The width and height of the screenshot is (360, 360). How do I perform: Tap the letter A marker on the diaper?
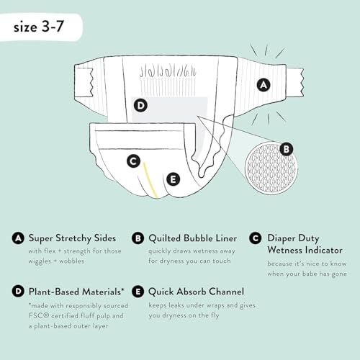click(x=264, y=84)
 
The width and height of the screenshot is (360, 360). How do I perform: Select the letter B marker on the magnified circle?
click(x=286, y=149)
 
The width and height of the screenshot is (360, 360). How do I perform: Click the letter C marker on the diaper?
click(x=132, y=161)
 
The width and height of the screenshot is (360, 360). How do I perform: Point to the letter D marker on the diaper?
click(x=140, y=106)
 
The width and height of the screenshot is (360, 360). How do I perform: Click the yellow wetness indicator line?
click(x=149, y=181)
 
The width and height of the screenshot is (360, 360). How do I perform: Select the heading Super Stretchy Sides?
click(x=75, y=238)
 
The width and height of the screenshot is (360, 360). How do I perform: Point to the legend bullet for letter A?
click(x=17, y=238)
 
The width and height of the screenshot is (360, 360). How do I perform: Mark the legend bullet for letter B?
click(x=138, y=238)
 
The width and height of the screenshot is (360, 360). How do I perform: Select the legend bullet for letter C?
click(x=255, y=238)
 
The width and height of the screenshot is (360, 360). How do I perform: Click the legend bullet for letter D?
click(x=17, y=292)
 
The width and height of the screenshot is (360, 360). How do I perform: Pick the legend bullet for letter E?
click(x=138, y=292)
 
